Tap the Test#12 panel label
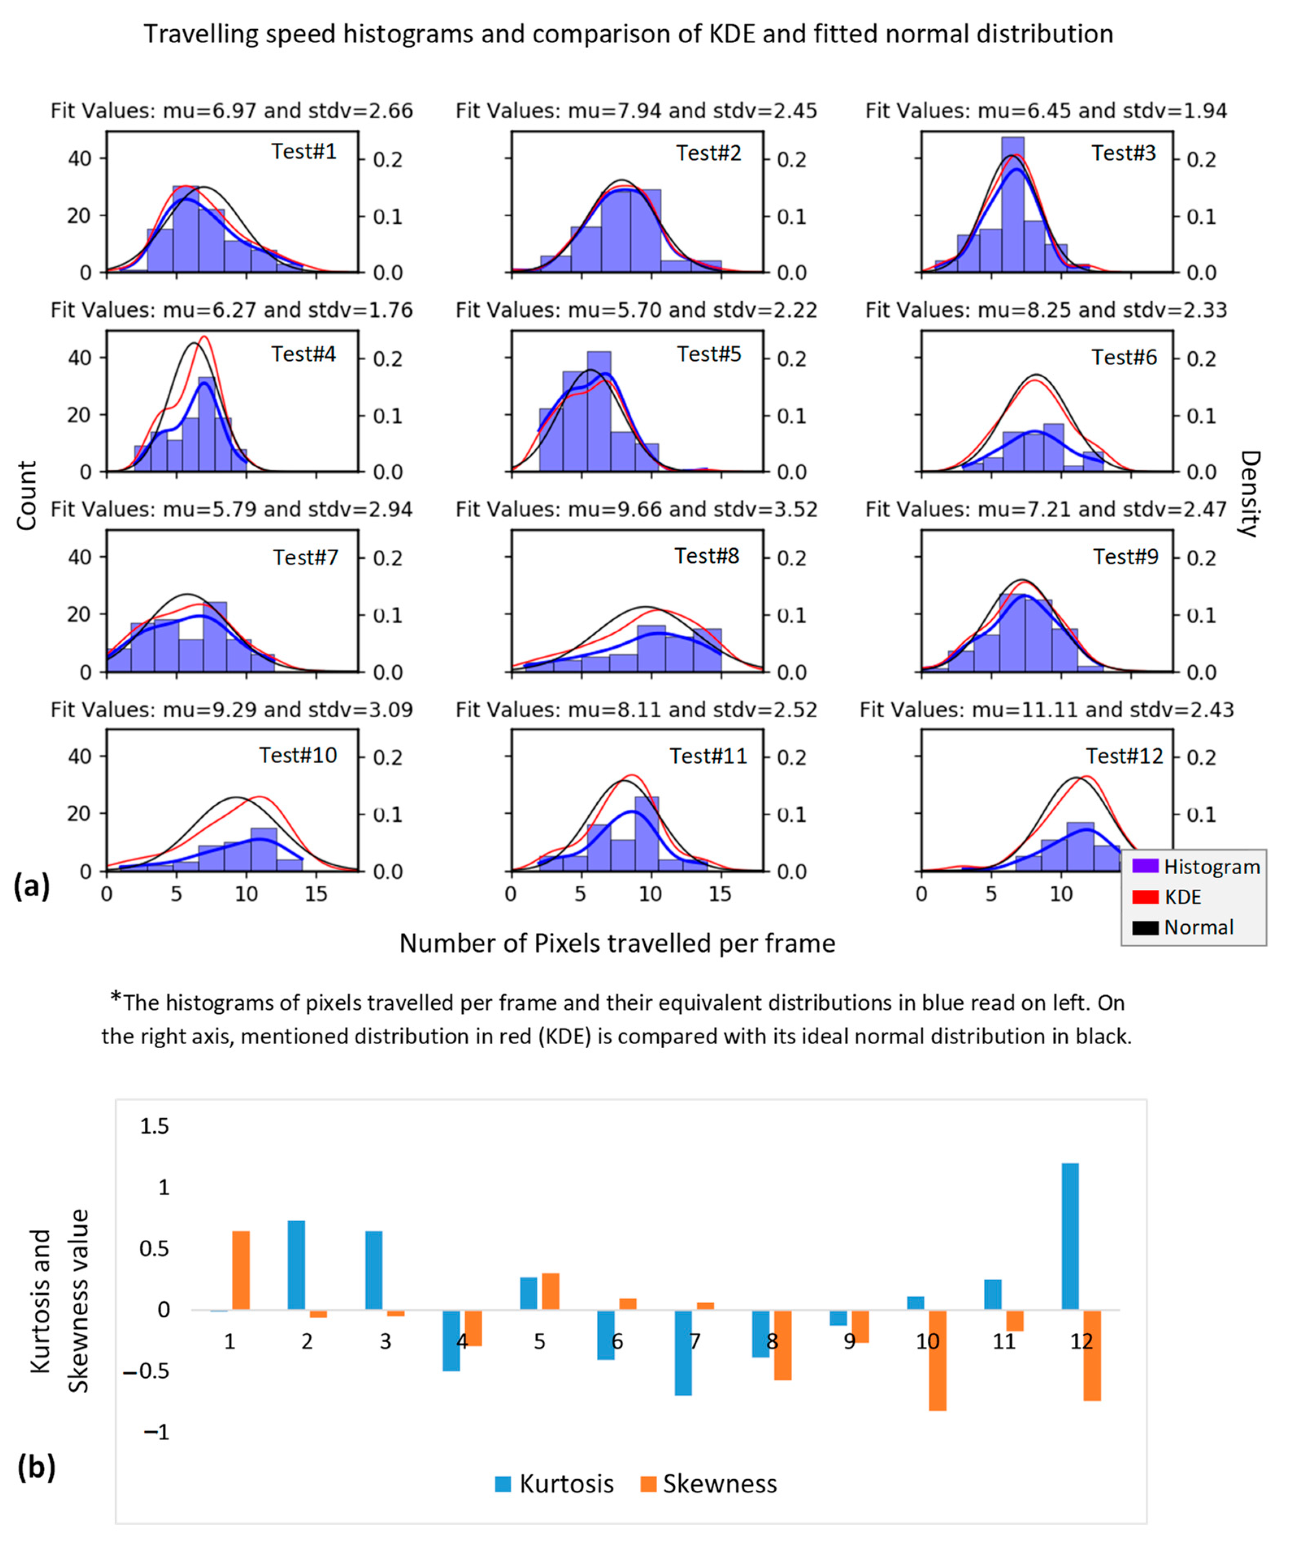[1124, 756]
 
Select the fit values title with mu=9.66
[636, 510]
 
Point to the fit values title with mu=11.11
[1046, 710]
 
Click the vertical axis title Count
[26, 495]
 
